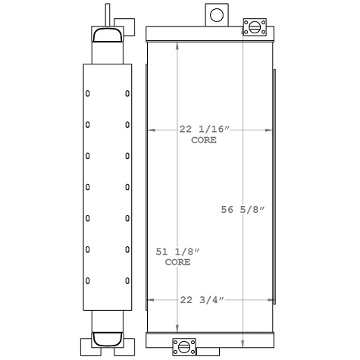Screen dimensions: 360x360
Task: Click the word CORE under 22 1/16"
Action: coord(203,140)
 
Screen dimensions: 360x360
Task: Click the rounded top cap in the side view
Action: coord(107,34)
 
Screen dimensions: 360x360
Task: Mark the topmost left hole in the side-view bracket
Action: coord(87,94)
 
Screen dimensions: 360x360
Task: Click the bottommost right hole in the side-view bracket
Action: coord(127,280)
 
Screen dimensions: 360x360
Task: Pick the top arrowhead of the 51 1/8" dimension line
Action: coord(177,42)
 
